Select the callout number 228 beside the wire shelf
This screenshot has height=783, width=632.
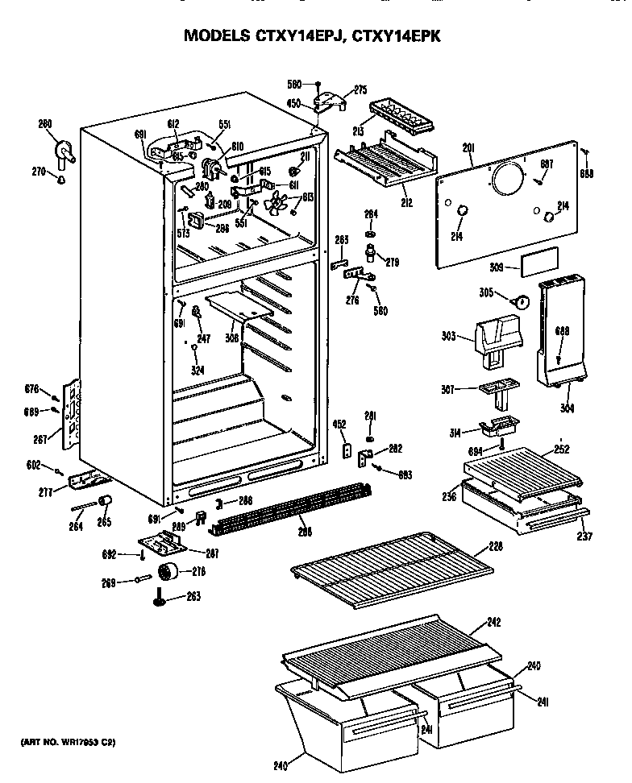point(496,547)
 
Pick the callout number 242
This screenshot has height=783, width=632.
point(494,622)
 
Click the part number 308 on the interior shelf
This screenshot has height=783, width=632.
point(232,338)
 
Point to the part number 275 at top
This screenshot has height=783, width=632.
point(360,90)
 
